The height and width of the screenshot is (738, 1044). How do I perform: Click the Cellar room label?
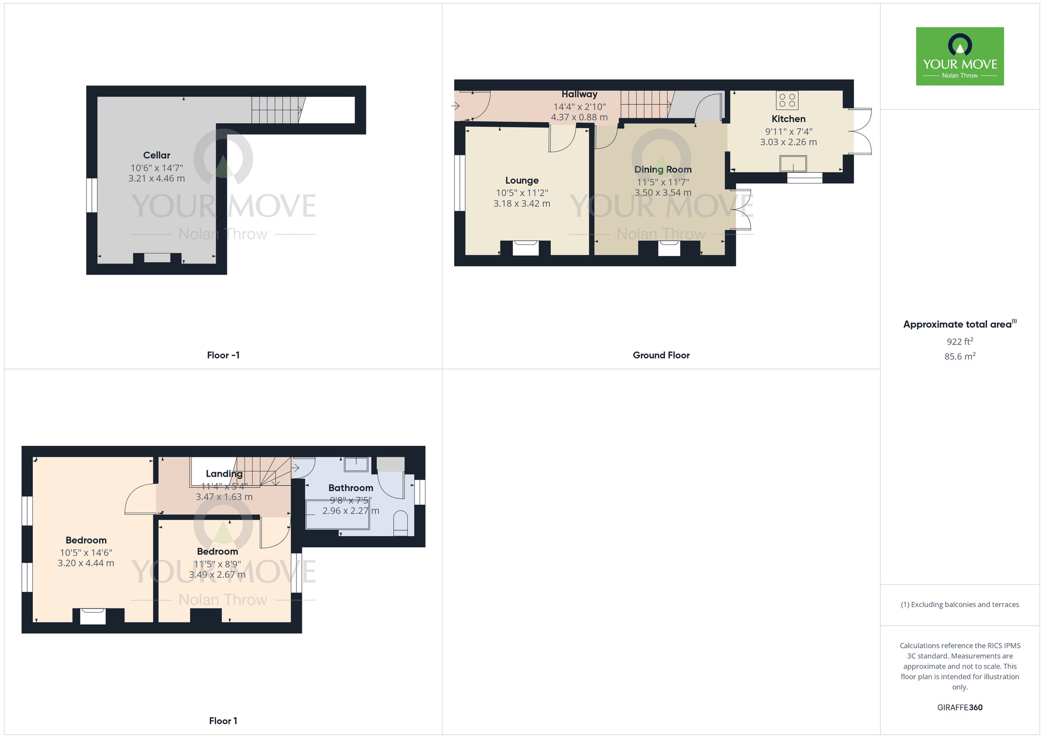pyautogui.click(x=157, y=155)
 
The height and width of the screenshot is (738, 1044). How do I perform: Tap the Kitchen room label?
pyautogui.click(x=788, y=119)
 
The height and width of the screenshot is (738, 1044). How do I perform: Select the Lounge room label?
pyautogui.click(x=521, y=181)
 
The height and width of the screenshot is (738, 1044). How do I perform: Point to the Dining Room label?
pyautogui.click(x=662, y=170)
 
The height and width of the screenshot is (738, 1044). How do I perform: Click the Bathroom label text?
pyautogui.click(x=350, y=488)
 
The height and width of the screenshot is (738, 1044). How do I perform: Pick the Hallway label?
pyautogui.click(x=579, y=94)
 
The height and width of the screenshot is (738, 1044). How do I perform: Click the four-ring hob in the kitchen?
pyautogui.click(x=787, y=100)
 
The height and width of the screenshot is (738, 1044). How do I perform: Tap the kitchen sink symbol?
pyautogui.click(x=793, y=164)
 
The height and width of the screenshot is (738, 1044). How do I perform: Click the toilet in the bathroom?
pyautogui.click(x=400, y=523)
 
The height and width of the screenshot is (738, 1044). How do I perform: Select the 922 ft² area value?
pyautogui.click(x=959, y=342)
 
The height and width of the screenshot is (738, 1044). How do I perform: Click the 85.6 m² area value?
pyautogui.click(x=959, y=356)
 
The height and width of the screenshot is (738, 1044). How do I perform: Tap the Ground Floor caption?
pyautogui.click(x=661, y=355)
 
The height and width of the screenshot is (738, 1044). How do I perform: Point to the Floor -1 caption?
pyautogui.click(x=223, y=355)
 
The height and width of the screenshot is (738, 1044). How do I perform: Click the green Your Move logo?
pyautogui.click(x=959, y=56)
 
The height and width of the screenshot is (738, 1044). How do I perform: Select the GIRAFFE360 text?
pyautogui.click(x=959, y=708)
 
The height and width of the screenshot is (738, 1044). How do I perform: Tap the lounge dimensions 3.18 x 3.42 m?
pyautogui.click(x=521, y=204)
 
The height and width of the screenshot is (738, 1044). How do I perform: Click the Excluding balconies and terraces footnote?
pyautogui.click(x=959, y=605)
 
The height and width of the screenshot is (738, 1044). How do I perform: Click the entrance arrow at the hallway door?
pyautogui.click(x=455, y=106)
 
